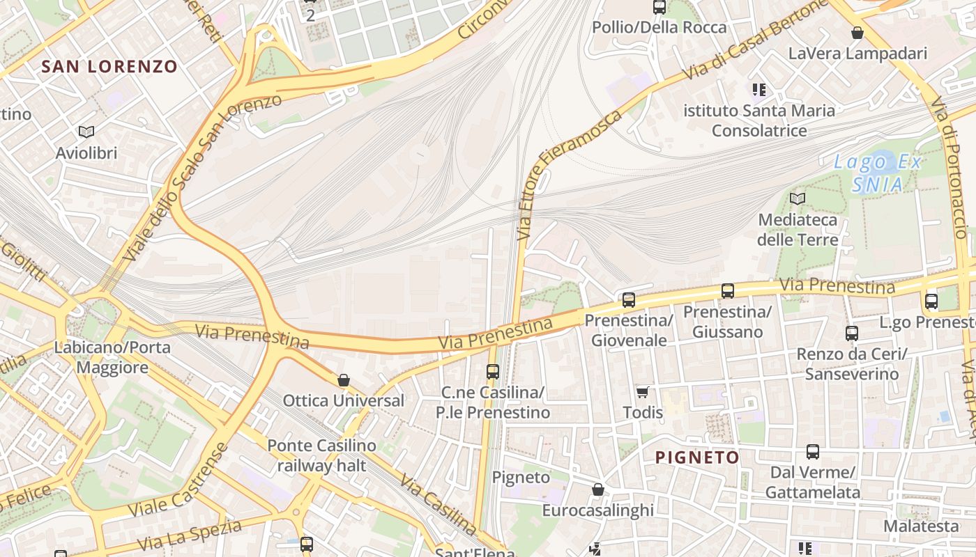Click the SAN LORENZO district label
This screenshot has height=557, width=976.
[109, 67]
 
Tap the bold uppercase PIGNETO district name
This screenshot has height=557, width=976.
[697, 457]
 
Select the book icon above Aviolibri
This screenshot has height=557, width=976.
[86, 132]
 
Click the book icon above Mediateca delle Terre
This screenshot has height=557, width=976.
[797, 198]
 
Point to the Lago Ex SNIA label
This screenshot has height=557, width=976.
[878, 173]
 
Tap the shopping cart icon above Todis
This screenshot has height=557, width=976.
[642, 393]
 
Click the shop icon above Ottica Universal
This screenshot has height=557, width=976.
[343, 380]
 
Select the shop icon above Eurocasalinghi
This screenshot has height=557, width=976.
[597, 490]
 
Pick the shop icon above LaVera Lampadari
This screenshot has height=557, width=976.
[857, 33]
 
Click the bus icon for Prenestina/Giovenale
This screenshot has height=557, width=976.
[628, 300]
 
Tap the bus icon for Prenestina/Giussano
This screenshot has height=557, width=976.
[727, 291]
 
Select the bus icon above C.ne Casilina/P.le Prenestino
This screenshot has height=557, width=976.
[493, 372]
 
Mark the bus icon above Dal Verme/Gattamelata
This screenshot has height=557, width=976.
[812, 452]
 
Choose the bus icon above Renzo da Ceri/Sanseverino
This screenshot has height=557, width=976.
[851, 334]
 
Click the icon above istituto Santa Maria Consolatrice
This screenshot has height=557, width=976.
[758, 90]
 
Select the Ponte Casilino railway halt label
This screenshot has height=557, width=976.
[321, 455]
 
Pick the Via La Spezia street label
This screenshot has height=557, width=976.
[189, 535]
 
